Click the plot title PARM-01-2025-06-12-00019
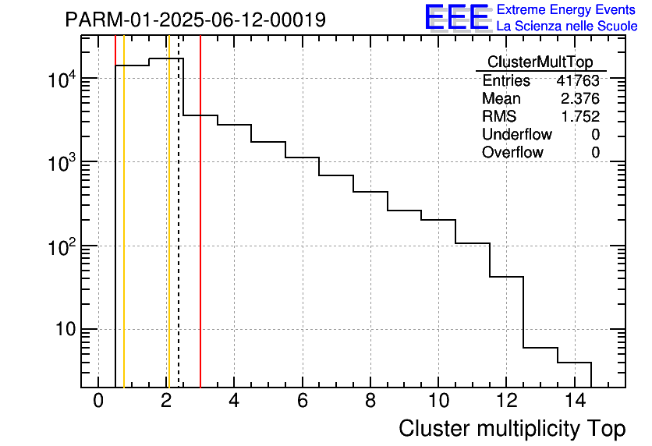(195, 20)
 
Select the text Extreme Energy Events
(566, 10)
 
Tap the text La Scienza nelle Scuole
(566, 27)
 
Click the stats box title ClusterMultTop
(540, 62)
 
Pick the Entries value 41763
(578, 81)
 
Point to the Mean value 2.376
(580, 99)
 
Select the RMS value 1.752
(580, 117)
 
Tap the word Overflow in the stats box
(512, 153)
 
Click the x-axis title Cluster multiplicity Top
(512, 429)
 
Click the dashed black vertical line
(179, 234)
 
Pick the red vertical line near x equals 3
(200, 234)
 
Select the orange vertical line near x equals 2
(168, 234)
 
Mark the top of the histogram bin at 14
(574, 363)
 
